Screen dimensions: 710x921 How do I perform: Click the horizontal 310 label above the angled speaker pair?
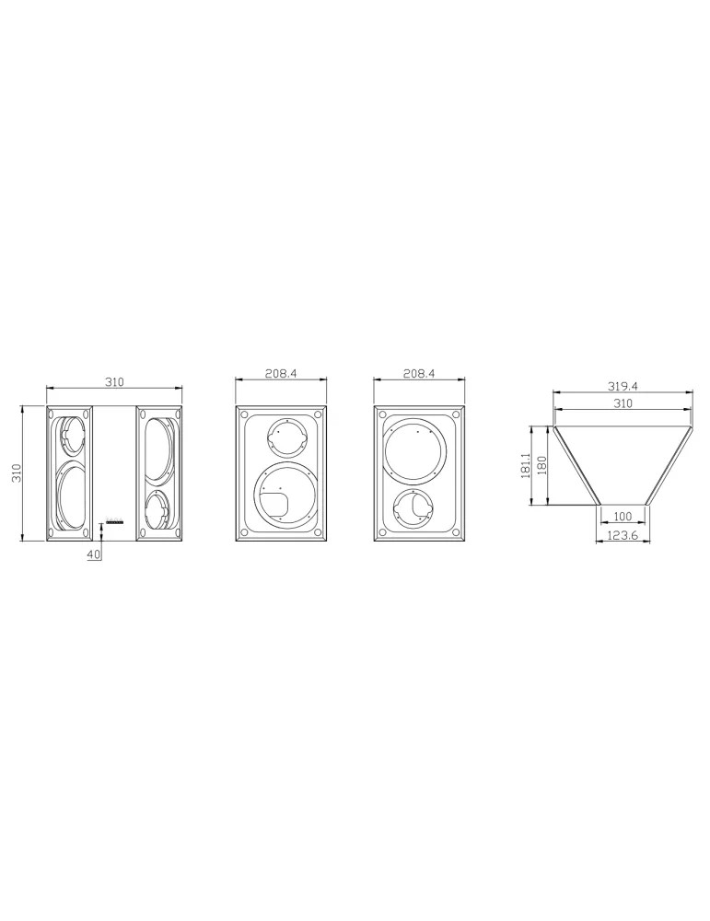[114, 382]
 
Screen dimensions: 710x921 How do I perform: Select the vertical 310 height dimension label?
[17, 472]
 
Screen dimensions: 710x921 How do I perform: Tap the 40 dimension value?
[94, 554]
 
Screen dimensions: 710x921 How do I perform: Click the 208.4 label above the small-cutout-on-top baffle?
[281, 374]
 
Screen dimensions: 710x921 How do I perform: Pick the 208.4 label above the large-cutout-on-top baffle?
[419, 374]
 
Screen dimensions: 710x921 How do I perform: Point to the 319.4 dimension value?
[623, 386]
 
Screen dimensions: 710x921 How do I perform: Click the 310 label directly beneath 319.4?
[623, 403]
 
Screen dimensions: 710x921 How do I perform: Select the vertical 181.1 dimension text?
[526, 465]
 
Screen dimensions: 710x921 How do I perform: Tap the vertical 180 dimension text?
[541, 465]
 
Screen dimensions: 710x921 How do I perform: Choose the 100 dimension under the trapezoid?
[623, 517]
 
